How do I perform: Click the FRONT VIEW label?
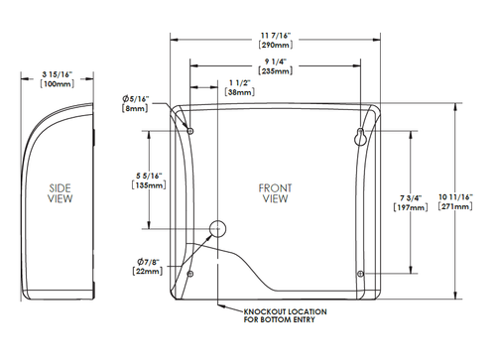point(275,192)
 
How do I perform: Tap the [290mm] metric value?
point(274,47)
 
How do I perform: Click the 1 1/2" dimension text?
point(239,81)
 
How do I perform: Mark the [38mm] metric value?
point(239,91)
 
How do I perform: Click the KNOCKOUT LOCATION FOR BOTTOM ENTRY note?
point(282,315)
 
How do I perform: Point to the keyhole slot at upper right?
point(360,136)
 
